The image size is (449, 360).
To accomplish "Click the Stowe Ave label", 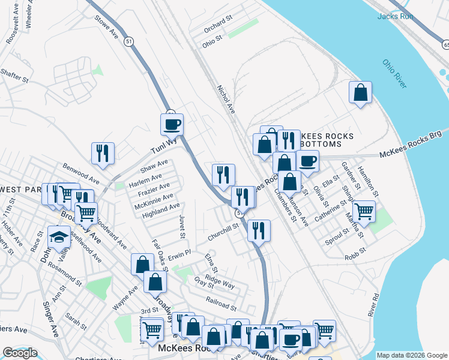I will click(x=106, y=28).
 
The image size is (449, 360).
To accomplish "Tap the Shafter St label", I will click(x=14, y=74).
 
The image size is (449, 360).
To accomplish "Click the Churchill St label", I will click(x=223, y=232).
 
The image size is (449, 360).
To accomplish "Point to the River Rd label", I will click(x=375, y=304).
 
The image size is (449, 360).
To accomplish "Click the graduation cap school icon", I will click(x=59, y=235).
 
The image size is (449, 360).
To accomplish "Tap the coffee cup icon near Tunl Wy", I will click(x=172, y=124).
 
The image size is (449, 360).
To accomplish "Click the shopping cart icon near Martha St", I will click(x=364, y=211).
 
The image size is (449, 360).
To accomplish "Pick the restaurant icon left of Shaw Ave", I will click(x=103, y=152).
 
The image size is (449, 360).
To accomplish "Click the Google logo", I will click(x=20, y=353).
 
